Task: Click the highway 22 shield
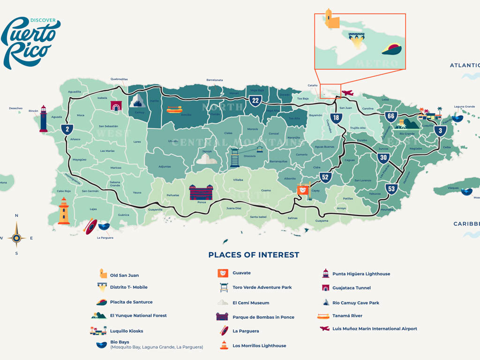click(255, 100)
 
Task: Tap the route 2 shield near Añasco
click(67, 129)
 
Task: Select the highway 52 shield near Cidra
click(326, 177)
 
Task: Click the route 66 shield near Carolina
click(391, 116)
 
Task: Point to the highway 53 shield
click(392, 189)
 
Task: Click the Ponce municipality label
click(202, 202)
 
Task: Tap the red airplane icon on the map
click(347, 93)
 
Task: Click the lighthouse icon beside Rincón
click(43, 119)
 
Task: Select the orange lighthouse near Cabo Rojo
click(64, 211)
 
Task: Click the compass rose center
click(16, 238)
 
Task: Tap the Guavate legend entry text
click(241, 273)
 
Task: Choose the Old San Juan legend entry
click(124, 275)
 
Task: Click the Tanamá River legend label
click(347, 316)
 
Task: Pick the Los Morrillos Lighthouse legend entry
click(259, 345)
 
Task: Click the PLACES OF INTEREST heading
click(254, 255)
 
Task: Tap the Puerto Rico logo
click(30, 42)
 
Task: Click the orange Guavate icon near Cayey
click(303, 190)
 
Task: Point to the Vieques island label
click(453, 187)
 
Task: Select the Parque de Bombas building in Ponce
click(201, 192)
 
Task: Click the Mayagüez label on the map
click(80, 159)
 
